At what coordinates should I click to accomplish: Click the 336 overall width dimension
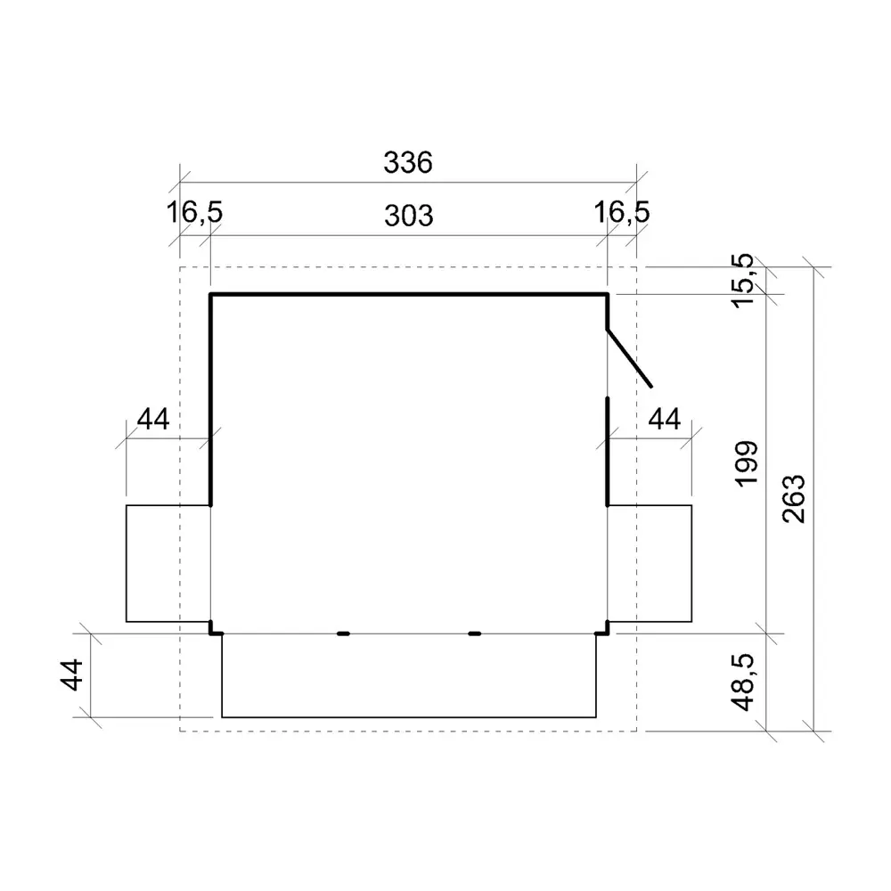pyautogui.click(x=407, y=164)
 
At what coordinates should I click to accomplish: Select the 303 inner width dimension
pyautogui.click(x=409, y=216)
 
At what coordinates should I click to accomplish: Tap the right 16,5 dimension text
pyautogui.click(x=623, y=213)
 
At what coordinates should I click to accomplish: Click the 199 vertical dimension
pyautogui.click(x=747, y=462)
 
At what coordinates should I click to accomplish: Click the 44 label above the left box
pyautogui.click(x=153, y=420)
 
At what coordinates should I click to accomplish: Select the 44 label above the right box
pyautogui.click(x=663, y=420)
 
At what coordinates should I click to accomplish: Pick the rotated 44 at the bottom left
pyautogui.click(x=74, y=674)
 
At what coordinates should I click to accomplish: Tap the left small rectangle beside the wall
pyautogui.click(x=168, y=563)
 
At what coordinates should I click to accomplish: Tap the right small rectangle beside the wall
pyautogui.click(x=650, y=563)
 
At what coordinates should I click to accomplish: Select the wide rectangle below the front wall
pyautogui.click(x=409, y=675)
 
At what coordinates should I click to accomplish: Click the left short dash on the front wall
pyautogui.click(x=343, y=634)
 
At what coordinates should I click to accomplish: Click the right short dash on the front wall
pyautogui.click(x=475, y=634)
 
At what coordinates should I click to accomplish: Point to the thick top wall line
pyautogui.click(x=409, y=294)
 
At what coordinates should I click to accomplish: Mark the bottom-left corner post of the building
pyautogui.click(x=214, y=630)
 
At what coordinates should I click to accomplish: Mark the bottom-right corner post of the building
pyautogui.click(x=603, y=630)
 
